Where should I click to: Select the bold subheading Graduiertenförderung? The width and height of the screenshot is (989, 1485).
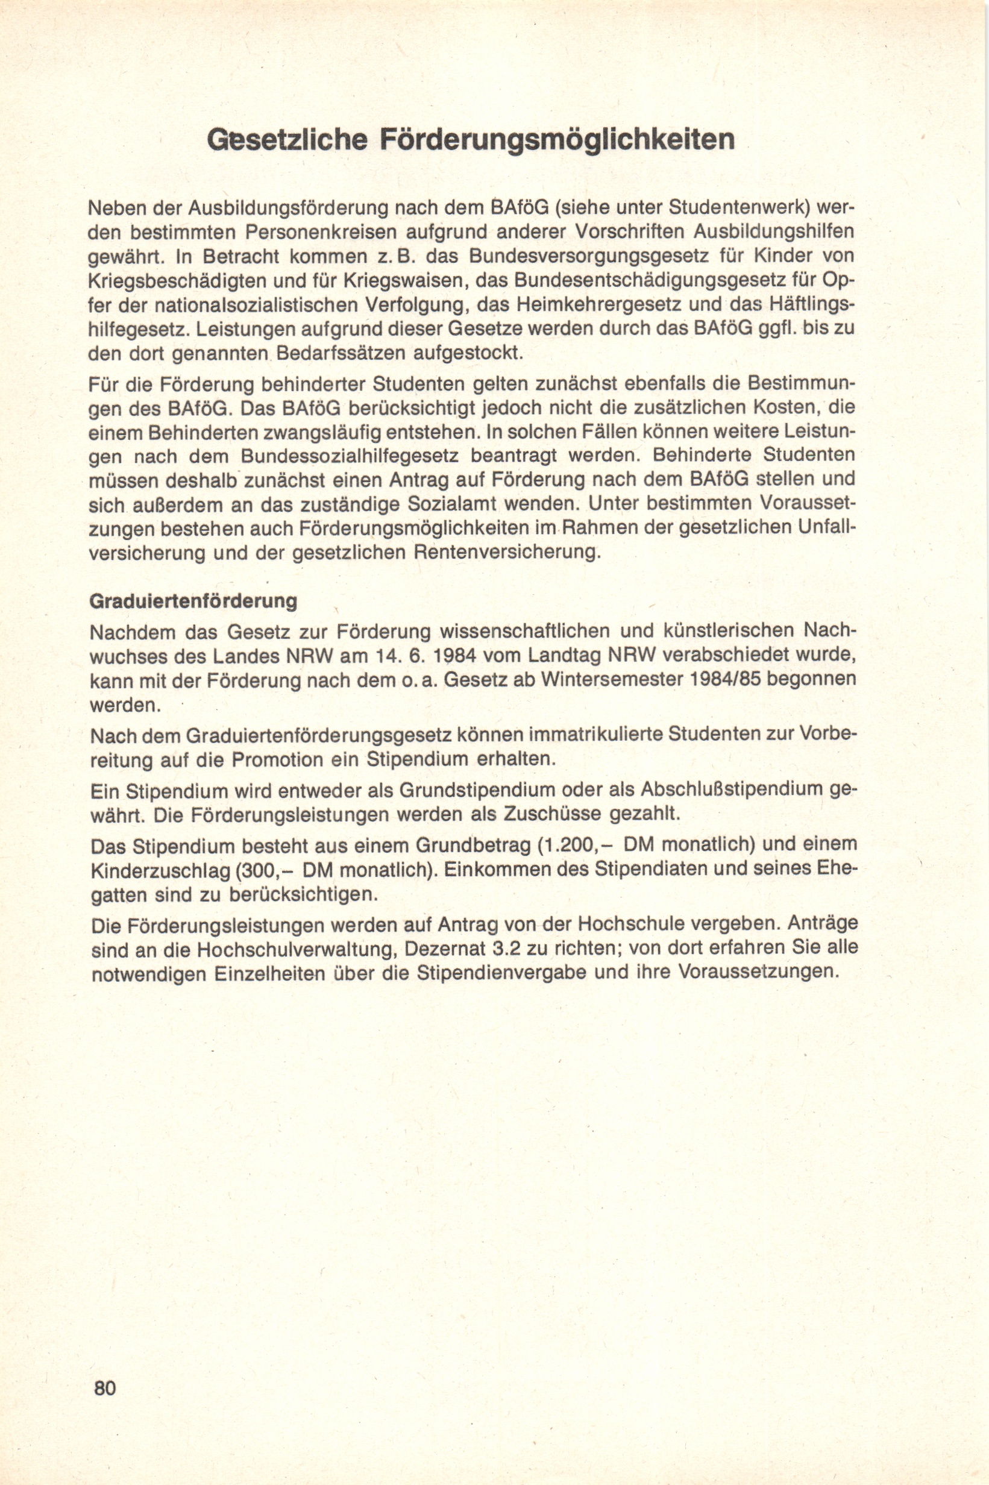click(193, 601)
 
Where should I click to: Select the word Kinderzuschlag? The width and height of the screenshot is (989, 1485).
click(160, 870)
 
